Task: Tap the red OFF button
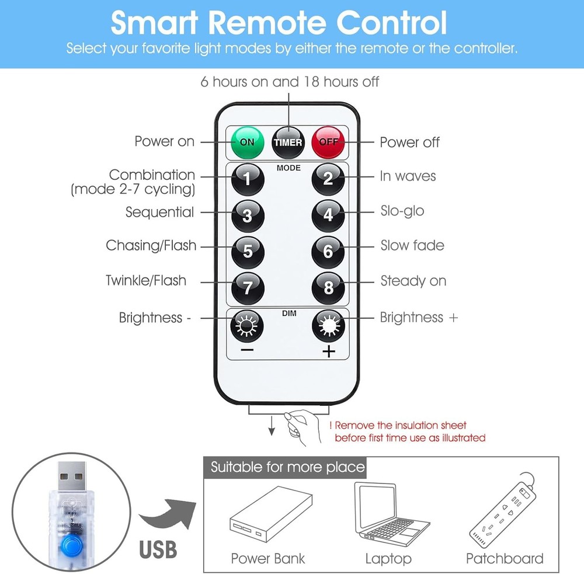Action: (328, 142)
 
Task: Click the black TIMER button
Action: (288, 142)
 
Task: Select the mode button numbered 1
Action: (248, 179)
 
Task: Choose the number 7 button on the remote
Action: (248, 288)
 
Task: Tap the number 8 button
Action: (328, 288)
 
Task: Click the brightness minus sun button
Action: (247, 326)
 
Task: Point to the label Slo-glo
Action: (402, 211)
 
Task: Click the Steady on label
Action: (413, 281)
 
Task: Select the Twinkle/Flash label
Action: (146, 280)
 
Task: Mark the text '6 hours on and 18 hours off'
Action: (290, 82)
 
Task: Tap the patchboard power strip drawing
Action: (503, 510)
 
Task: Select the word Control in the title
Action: (391, 23)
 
